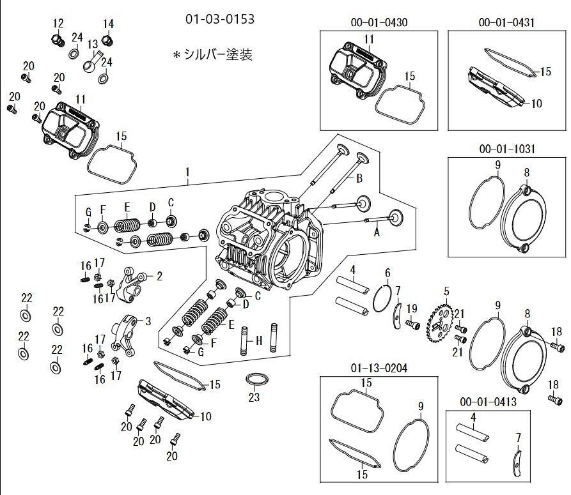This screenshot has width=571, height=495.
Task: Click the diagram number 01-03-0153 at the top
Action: pyautogui.click(x=219, y=19)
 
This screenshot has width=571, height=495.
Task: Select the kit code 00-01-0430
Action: pyautogui.click(x=379, y=22)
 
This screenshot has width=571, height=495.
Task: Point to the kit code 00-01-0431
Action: pyautogui.click(x=506, y=22)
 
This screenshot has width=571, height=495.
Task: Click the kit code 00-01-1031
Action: pyautogui.click(x=506, y=149)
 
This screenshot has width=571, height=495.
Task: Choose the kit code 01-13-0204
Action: pyautogui.click(x=379, y=369)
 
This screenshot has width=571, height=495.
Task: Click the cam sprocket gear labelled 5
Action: pyautogui.click(x=441, y=318)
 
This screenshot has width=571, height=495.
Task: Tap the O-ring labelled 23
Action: pyautogui.click(x=256, y=380)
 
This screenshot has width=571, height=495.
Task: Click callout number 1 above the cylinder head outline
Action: pyautogui.click(x=188, y=172)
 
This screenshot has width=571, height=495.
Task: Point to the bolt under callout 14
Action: pyautogui.click(x=108, y=41)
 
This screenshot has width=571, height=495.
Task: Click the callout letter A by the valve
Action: pyautogui.click(x=376, y=233)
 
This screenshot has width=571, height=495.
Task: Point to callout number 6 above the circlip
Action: pyautogui.click(x=387, y=273)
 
